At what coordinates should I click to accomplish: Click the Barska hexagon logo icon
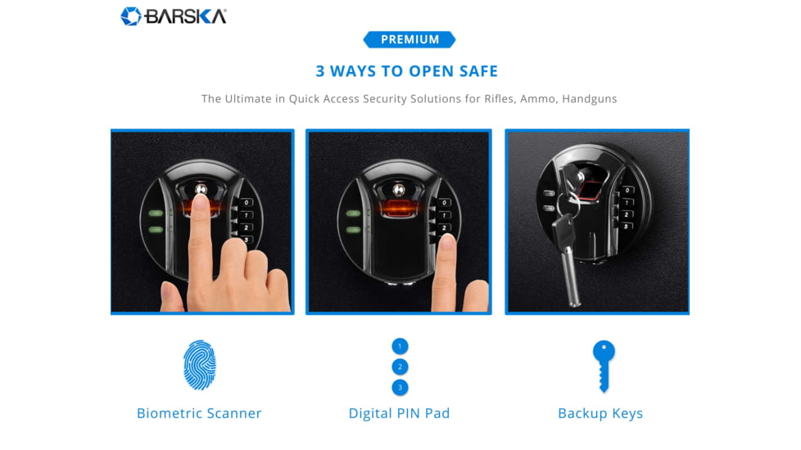(x=131, y=16)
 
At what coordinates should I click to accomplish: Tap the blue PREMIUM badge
(x=410, y=39)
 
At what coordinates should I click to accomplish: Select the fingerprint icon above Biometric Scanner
(x=200, y=365)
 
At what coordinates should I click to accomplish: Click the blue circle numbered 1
(x=400, y=346)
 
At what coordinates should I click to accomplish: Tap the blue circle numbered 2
(x=400, y=367)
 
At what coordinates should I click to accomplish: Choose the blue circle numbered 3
(x=400, y=387)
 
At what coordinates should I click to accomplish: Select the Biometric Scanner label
(x=199, y=413)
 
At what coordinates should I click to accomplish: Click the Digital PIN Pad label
(x=400, y=413)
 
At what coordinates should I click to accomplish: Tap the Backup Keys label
(x=600, y=413)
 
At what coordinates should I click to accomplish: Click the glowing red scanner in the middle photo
(x=399, y=207)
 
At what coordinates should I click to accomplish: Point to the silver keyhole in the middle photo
(x=399, y=191)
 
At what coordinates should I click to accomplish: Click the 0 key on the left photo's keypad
(x=246, y=203)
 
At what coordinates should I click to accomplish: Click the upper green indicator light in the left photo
(x=156, y=214)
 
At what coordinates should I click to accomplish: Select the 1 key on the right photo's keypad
(x=627, y=203)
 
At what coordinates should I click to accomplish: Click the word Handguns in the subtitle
(x=590, y=98)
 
